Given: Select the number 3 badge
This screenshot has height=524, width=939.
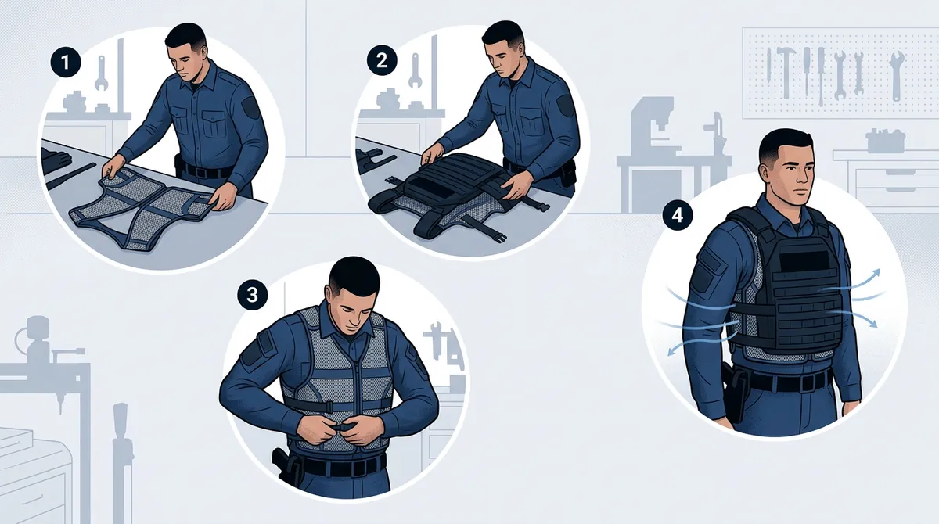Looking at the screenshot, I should (x=251, y=295).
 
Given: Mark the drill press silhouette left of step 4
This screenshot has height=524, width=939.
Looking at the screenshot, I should (x=653, y=149).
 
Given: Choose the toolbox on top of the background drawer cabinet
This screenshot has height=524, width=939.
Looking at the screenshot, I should (x=886, y=141).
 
